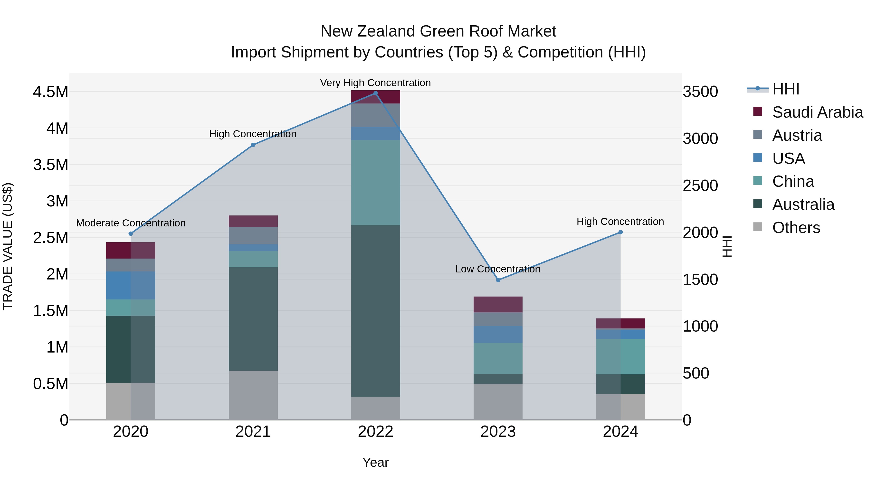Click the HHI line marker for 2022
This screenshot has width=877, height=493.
click(x=375, y=93)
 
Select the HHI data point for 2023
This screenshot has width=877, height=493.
click(x=498, y=280)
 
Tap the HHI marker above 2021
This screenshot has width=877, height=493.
click(x=253, y=145)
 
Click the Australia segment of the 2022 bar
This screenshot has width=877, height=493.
click(x=375, y=311)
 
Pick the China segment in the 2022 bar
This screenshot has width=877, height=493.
click(x=375, y=183)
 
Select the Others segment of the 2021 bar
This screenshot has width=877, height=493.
click(x=253, y=395)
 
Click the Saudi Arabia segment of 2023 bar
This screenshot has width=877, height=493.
click(x=498, y=305)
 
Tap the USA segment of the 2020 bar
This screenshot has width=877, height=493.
click(x=131, y=286)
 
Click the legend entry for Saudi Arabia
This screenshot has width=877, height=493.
click(x=817, y=112)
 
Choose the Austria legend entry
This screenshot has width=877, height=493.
click(x=797, y=135)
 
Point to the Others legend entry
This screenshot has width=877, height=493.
click(x=796, y=228)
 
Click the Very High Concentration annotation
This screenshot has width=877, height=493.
click(x=375, y=83)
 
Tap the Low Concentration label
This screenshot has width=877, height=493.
click(x=498, y=269)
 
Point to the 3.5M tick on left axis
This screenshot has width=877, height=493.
click(x=50, y=165)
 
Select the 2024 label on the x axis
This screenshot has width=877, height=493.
click(x=620, y=432)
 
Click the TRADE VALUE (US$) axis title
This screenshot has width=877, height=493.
click(x=8, y=247)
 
